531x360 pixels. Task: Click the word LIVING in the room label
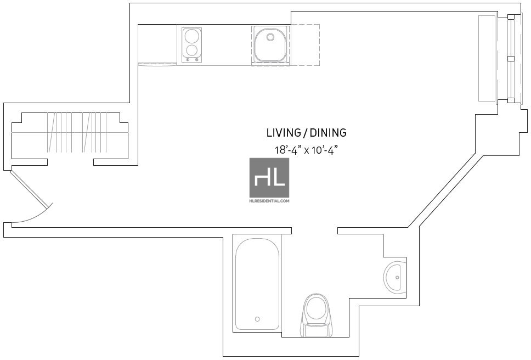tap(284, 132)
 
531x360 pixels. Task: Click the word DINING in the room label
tap(328, 132)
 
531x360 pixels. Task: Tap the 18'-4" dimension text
tap(287, 150)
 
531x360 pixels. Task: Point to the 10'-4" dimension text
tap(323, 150)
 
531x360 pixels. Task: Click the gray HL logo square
tap(269, 177)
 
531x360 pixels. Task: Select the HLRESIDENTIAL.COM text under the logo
tap(269, 201)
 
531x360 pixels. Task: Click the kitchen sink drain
tap(270, 37)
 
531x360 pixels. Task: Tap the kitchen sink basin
tap(270, 45)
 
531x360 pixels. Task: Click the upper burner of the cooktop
tap(191, 36)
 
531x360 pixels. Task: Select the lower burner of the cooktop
tap(191, 50)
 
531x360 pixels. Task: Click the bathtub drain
tap(257, 319)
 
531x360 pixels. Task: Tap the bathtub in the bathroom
tap(257, 285)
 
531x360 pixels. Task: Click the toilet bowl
tap(316, 308)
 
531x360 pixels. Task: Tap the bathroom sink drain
tap(398, 278)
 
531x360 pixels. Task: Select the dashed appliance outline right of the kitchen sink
tap(304, 44)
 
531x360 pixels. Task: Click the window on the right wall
tap(511, 58)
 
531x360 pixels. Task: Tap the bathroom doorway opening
tap(315, 230)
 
